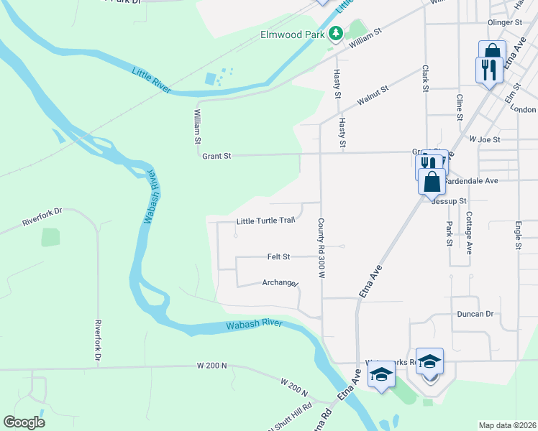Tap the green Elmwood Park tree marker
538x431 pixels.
click(335, 33)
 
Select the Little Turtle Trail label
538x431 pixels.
click(266, 221)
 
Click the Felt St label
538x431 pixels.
click(278, 256)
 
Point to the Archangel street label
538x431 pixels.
click(280, 283)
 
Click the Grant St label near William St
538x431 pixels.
click(216, 155)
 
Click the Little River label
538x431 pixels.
click(151, 79)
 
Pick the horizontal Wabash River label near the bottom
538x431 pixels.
click(254, 324)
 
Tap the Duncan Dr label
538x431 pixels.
click(475, 315)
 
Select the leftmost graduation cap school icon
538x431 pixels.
click(381, 374)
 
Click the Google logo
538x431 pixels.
click(24, 422)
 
